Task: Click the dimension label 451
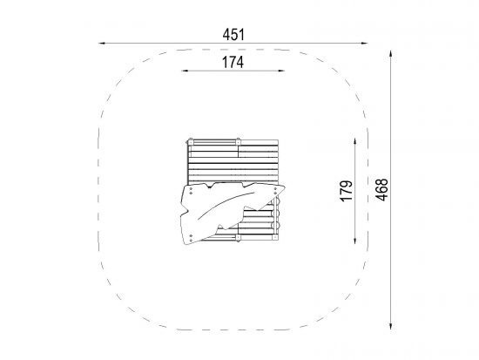tap(233, 35)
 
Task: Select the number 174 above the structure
tap(233, 63)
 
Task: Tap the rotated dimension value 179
tap(347, 191)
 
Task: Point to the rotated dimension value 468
tap(381, 190)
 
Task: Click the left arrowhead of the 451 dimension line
tap(102, 43)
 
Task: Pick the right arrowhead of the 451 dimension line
tap(364, 43)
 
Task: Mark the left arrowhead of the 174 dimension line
tap(186, 71)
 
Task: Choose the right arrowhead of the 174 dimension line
tap(281, 71)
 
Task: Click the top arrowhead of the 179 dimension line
tap(354, 141)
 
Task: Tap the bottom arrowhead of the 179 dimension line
tap(354, 241)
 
